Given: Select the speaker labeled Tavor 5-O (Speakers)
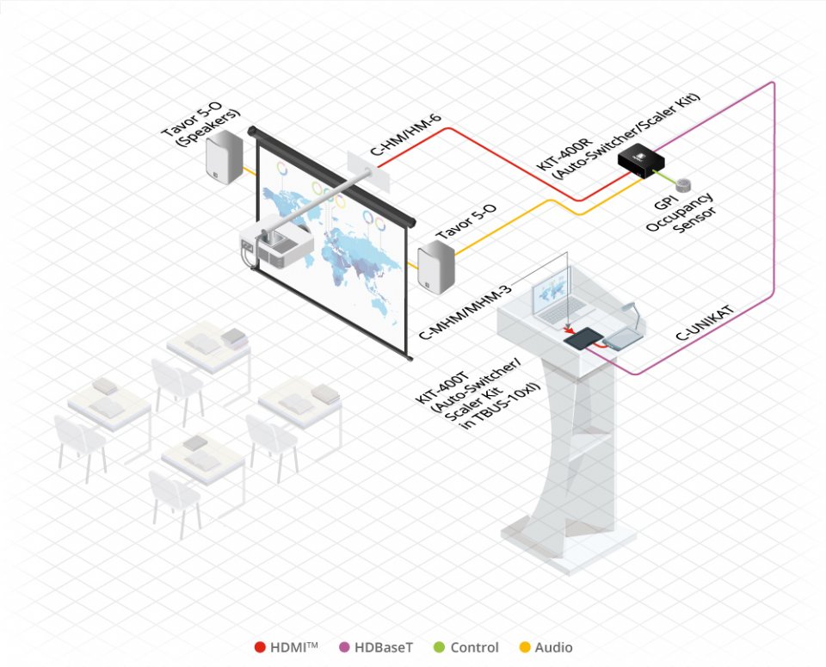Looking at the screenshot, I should (222, 157).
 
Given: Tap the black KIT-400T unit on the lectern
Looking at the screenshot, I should (581, 339).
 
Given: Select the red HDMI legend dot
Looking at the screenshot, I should (260, 647).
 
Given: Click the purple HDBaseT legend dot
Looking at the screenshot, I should (345, 647).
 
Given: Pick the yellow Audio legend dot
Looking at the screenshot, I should (526, 647).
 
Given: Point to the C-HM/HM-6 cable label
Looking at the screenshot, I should (409, 140).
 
